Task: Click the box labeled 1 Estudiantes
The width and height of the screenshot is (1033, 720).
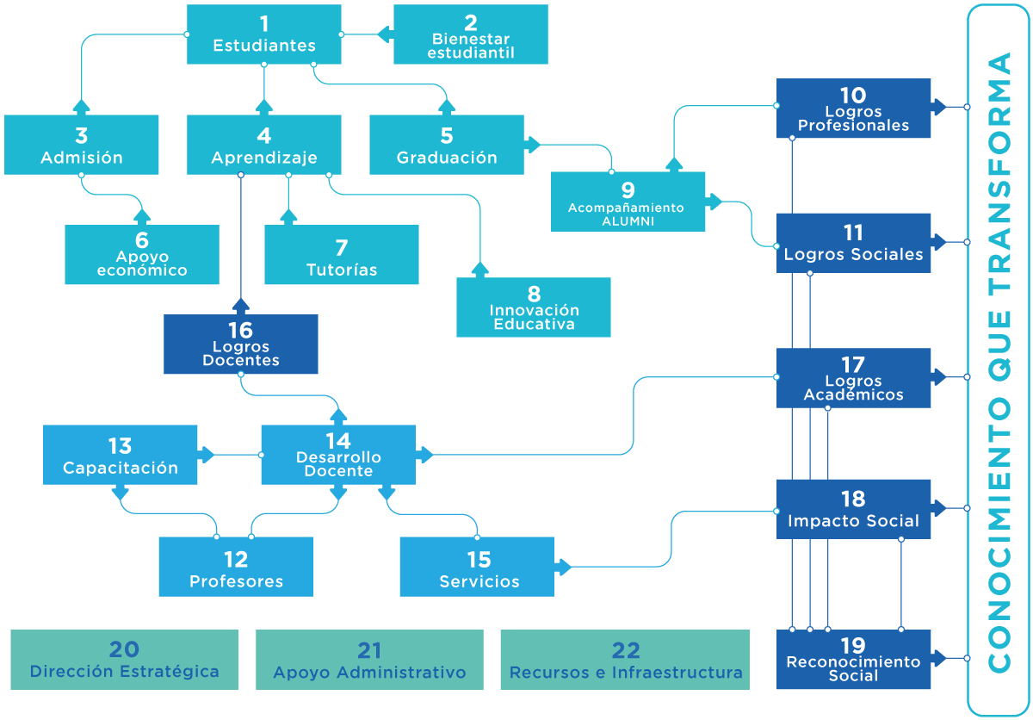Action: tap(263, 34)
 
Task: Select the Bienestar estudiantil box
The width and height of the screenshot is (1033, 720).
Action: tap(471, 34)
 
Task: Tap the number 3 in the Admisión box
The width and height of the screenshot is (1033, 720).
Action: tap(82, 135)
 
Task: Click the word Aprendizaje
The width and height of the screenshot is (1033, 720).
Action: tap(264, 158)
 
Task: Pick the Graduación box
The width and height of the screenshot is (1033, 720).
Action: tap(447, 145)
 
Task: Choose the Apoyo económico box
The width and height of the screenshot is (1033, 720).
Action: tap(142, 255)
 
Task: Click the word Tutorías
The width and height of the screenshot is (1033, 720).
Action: tap(342, 270)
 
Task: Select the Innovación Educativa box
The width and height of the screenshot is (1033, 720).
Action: tap(534, 307)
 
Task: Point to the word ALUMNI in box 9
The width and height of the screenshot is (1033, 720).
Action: tap(628, 221)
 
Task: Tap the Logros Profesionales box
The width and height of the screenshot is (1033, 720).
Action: tap(853, 108)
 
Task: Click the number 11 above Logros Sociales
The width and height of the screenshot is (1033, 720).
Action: tap(853, 233)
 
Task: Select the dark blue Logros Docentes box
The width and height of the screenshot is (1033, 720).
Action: tap(241, 344)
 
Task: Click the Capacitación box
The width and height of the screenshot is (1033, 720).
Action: tap(120, 455)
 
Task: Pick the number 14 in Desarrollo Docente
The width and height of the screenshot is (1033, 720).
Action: tap(338, 442)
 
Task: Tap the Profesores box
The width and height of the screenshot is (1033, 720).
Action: tap(236, 567)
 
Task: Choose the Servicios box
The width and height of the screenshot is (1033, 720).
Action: tap(477, 567)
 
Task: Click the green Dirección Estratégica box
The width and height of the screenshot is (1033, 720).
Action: tap(125, 660)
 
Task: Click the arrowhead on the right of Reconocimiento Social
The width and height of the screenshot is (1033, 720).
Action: tap(939, 658)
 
